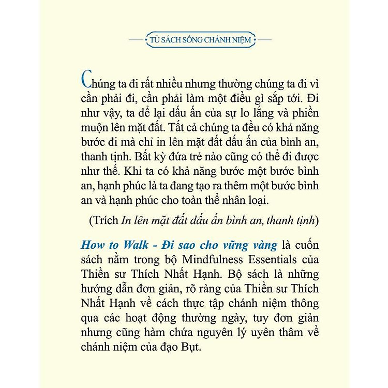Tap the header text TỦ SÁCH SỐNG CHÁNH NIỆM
(193, 39)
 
